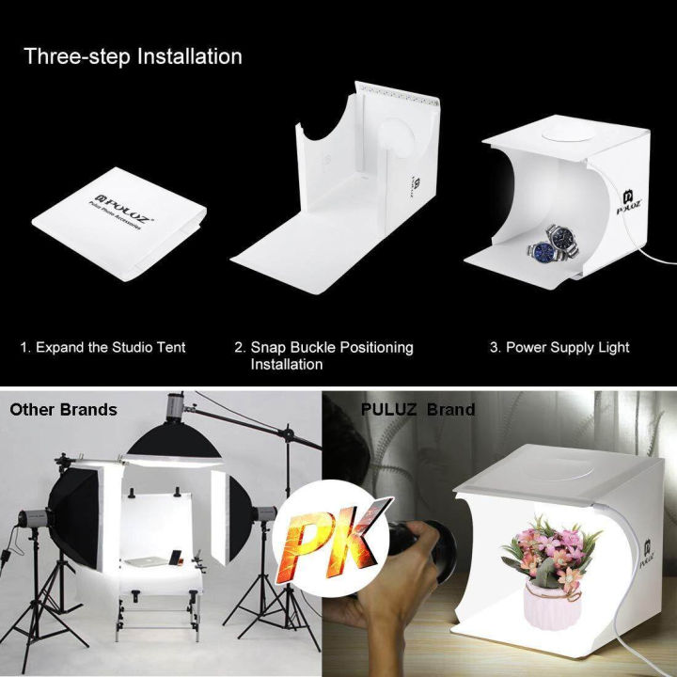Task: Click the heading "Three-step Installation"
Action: click(133, 56)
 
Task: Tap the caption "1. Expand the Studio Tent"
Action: click(102, 348)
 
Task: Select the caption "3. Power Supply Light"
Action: click(559, 348)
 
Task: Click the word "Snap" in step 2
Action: click(267, 348)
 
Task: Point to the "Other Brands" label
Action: click(63, 410)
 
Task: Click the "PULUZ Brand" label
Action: click(417, 410)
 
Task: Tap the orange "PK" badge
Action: click(338, 536)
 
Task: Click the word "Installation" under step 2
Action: click(287, 365)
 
